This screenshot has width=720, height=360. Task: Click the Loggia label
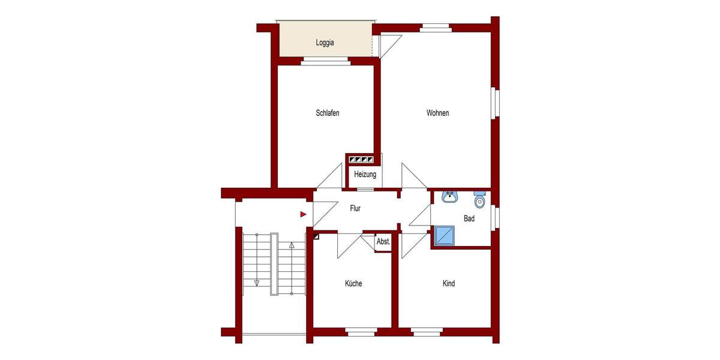(325, 43)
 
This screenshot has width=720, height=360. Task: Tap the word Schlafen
(328, 113)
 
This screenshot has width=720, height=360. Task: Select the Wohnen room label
(437, 113)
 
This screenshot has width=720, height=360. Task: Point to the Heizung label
(365, 175)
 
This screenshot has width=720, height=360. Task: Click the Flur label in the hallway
(355, 209)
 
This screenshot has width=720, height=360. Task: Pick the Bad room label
(469, 218)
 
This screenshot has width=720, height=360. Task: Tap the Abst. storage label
(383, 242)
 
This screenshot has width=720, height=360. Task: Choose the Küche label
(353, 283)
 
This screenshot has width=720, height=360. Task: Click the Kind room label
(448, 283)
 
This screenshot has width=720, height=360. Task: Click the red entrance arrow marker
(304, 213)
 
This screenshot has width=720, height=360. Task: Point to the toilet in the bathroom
(479, 199)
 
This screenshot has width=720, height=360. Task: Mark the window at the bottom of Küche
(361, 330)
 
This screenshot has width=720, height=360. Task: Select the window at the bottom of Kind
(427, 330)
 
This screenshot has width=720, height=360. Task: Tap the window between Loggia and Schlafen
(325, 60)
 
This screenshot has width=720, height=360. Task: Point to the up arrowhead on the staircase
(292, 245)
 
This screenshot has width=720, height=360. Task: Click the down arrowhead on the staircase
(256, 282)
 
